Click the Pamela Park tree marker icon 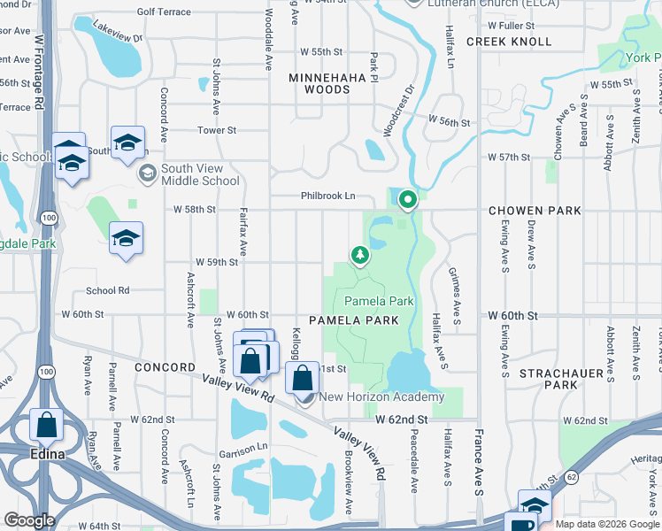point(359,256)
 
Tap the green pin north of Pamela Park point(407,201)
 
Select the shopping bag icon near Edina point(46,426)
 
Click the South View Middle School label point(200,174)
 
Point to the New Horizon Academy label point(381,397)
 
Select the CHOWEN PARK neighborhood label point(535,211)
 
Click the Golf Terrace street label point(164,12)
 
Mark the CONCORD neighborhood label point(165,366)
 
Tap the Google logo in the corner point(30,520)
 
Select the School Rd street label point(107,290)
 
